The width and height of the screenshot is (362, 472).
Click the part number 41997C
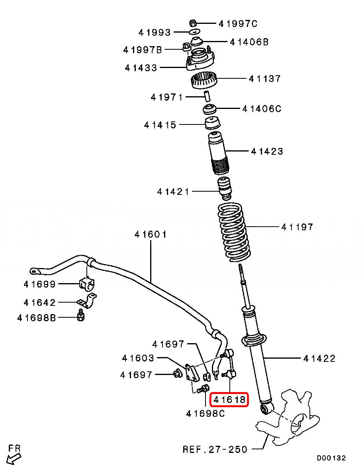point(238,24)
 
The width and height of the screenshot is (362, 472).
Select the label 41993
point(155,32)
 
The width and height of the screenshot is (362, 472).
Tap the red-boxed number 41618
point(229,400)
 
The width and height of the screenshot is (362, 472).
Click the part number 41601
point(150,235)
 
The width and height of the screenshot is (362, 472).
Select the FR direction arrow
point(14,455)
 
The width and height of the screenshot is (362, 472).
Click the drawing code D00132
point(331,458)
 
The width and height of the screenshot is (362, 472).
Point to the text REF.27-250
point(215,449)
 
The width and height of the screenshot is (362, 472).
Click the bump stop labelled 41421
point(225,190)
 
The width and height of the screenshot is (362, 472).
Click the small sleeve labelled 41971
point(207,96)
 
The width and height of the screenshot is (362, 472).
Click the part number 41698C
point(205,414)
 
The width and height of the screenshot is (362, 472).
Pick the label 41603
point(138,358)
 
